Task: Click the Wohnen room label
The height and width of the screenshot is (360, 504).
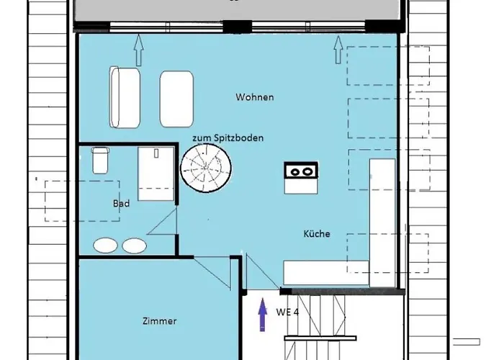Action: click(x=254, y=97)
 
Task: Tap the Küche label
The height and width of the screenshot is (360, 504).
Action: click(x=316, y=233)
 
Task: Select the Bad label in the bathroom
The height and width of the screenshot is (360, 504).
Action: click(x=121, y=204)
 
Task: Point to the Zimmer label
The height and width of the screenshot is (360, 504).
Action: click(x=159, y=321)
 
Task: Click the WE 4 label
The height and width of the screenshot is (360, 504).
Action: click(x=287, y=312)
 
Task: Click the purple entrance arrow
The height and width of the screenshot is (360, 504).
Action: click(x=262, y=314)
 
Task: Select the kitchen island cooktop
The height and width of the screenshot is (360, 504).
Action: click(x=302, y=171)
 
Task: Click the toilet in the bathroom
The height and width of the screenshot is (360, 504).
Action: click(x=100, y=160)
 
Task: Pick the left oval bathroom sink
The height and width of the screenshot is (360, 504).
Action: click(x=106, y=246)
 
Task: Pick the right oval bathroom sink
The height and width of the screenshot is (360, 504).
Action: click(x=134, y=246)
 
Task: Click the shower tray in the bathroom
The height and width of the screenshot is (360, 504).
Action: click(x=156, y=173)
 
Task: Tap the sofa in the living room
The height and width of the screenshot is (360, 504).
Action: click(x=125, y=97)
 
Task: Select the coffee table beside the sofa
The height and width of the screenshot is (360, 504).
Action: click(x=177, y=99)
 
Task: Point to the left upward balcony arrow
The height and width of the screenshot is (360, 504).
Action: click(x=139, y=52)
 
